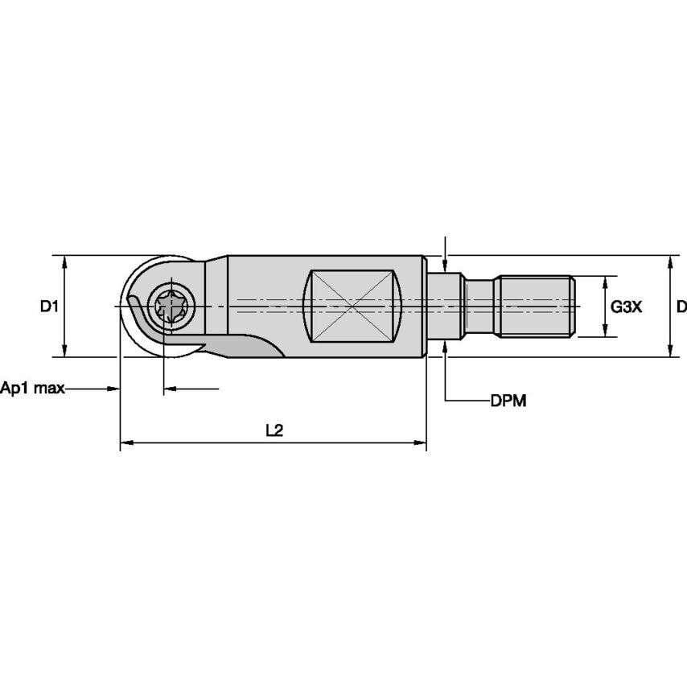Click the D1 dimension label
click(50, 306)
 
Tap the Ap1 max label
click(32, 389)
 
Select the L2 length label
click(274, 430)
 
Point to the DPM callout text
click(508, 401)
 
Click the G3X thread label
click(626, 306)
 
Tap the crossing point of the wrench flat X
click(352, 305)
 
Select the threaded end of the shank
click(535, 306)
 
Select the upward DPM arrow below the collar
click(445, 347)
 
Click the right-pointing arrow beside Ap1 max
click(113, 389)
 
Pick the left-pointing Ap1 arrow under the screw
click(170, 389)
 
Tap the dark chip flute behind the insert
click(253, 346)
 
